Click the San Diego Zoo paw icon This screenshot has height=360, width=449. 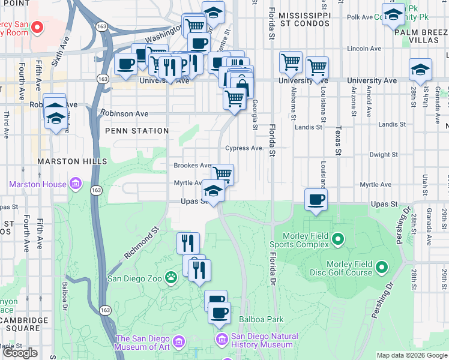[171, 277]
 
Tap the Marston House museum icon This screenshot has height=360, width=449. [75, 184]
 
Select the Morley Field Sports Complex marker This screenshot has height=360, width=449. [337, 240]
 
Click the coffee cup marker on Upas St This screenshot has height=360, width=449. [316, 200]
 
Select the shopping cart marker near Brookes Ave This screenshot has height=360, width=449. [222, 174]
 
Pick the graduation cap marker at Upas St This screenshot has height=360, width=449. [212, 191]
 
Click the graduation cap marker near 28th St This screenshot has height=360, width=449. [420, 70]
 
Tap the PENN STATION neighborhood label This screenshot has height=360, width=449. [137, 131]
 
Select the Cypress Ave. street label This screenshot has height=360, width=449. [244, 148]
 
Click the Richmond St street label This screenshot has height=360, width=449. [141, 242]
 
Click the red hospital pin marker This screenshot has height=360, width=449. [37, 27]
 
